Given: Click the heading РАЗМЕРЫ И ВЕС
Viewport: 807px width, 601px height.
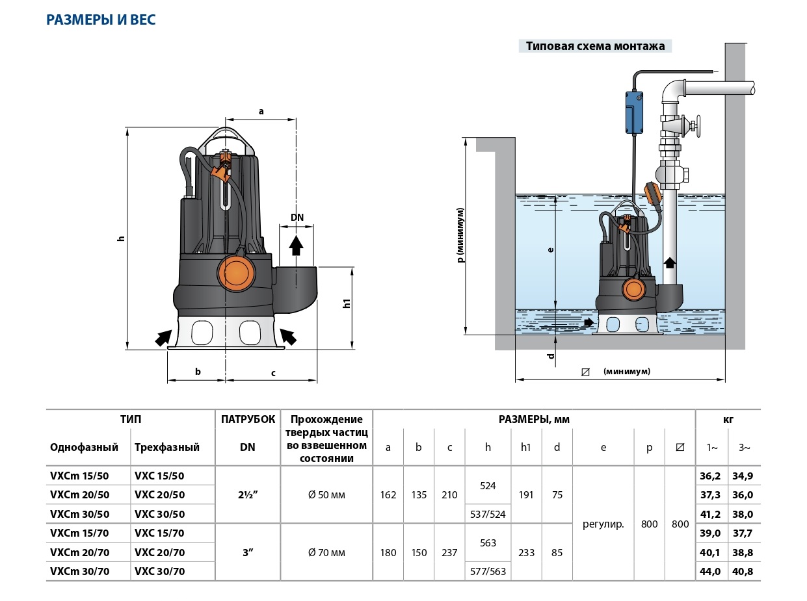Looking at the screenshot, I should tap(101, 19).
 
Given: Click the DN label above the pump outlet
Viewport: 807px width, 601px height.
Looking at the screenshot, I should tap(297, 218).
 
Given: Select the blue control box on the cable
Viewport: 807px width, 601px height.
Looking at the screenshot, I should tap(633, 110).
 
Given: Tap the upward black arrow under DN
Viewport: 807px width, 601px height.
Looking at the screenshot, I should tap(297, 244).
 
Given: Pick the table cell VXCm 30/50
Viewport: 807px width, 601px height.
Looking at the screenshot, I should tap(80, 513).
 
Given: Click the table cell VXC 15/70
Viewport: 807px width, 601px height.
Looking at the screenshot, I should tap(159, 533).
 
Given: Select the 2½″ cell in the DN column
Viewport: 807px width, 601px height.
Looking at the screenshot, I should tap(247, 494).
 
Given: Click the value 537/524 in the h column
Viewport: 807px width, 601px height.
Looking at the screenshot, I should tap(488, 514).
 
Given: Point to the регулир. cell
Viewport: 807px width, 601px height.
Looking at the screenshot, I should tap(603, 524).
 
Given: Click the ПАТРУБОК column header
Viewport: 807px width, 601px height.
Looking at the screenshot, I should tap(247, 419).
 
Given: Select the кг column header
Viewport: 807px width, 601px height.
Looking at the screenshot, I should tap(728, 419).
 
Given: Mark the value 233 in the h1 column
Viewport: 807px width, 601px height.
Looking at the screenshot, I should tap(526, 553).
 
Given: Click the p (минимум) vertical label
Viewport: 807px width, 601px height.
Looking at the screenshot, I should tap(460, 235).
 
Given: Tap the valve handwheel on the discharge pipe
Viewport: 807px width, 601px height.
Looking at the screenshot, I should tap(698, 125).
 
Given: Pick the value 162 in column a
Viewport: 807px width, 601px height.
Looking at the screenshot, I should tap(388, 494).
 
